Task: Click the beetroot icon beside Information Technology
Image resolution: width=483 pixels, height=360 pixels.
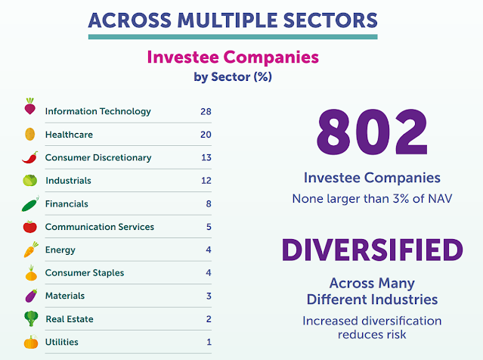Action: click(x=30, y=107)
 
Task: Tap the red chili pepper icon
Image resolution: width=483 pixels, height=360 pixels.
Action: click(x=30, y=157)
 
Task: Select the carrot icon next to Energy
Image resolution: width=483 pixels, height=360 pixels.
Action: click(x=31, y=250)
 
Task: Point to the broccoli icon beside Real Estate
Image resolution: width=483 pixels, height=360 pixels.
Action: click(x=31, y=318)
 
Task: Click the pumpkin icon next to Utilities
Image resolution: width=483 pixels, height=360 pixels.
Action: click(x=31, y=342)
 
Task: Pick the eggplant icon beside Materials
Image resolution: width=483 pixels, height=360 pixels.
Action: click(x=31, y=296)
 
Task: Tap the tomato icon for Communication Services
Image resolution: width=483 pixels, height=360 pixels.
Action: click(x=30, y=227)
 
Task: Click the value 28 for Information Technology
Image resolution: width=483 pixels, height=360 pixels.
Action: click(x=206, y=111)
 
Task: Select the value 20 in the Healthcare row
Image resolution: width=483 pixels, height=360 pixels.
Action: click(x=206, y=135)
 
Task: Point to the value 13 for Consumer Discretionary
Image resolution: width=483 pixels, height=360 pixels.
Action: click(x=206, y=157)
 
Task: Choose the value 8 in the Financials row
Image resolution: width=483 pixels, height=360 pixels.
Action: click(x=209, y=203)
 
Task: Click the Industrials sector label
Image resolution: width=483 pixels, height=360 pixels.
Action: click(x=68, y=180)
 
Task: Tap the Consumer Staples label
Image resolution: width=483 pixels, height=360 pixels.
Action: click(x=85, y=273)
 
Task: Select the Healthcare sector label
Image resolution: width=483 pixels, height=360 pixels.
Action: click(x=69, y=135)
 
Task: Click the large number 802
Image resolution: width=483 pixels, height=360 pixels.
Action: click(x=372, y=132)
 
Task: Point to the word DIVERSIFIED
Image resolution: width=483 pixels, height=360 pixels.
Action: click(x=372, y=250)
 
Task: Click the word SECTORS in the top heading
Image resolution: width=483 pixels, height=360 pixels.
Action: click(x=330, y=20)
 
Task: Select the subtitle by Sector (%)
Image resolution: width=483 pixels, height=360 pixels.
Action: click(x=233, y=76)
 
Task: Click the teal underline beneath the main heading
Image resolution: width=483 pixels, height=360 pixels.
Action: click(x=233, y=36)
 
